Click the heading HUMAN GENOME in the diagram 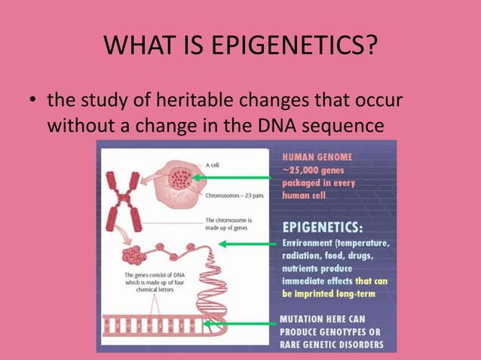317,157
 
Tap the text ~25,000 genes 310,169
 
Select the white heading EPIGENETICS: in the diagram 322,227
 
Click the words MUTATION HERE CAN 323,319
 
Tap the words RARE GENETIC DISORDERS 332,345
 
